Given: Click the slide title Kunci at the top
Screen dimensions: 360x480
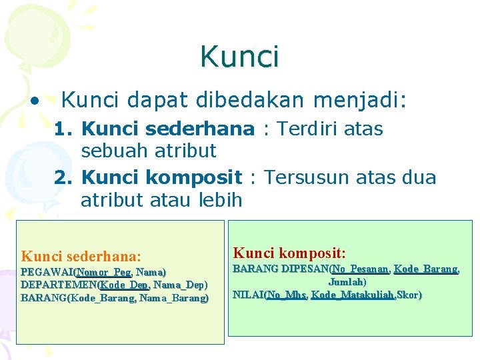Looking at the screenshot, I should tap(239, 57).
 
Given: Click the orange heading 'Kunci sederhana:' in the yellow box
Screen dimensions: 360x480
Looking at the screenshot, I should tap(81, 256).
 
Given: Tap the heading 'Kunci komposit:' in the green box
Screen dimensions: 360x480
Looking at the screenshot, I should tap(289, 253).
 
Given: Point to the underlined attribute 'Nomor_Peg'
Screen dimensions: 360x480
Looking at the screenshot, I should tap(104, 272).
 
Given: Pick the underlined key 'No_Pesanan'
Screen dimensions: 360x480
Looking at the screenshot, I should tap(361, 269).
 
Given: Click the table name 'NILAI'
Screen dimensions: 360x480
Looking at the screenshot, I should tap(247, 295).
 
